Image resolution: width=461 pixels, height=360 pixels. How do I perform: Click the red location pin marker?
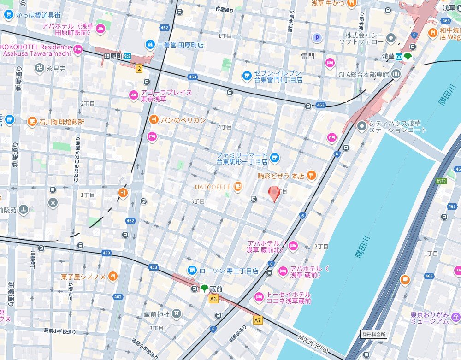click(x=275, y=193)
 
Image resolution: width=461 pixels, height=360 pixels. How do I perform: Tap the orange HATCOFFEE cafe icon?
click(x=237, y=187)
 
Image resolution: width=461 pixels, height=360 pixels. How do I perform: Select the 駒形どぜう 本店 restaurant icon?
click(x=312, y=175)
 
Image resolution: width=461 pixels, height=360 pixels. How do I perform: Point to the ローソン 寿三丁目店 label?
click(x=229, y=271)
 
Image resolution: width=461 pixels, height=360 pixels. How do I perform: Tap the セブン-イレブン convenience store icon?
click(x=247, y=75)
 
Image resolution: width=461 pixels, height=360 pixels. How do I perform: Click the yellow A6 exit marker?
click(x=213, y=299)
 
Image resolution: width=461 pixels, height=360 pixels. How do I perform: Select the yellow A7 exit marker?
click(x=257, y=319)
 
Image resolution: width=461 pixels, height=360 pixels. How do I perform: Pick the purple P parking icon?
click(x=317, y=38)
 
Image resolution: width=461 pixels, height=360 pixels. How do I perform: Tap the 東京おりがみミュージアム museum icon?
click(x=455, y=317)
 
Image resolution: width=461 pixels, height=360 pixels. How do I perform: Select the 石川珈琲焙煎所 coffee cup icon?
click(x=32, y=121)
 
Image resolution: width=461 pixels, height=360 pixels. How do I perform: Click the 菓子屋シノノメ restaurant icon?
click(x=113, y=277)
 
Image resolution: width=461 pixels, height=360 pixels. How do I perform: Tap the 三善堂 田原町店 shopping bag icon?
click(x=150, y=44)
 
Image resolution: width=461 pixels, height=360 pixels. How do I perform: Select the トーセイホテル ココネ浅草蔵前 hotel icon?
click(x=259, y=297)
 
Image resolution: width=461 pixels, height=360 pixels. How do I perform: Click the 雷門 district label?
click(x=307, y=56)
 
